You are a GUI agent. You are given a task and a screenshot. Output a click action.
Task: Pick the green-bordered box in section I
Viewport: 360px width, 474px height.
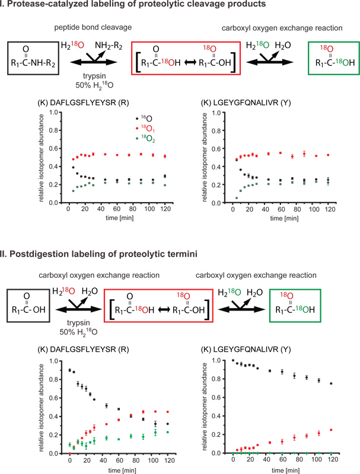pos(331,58)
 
